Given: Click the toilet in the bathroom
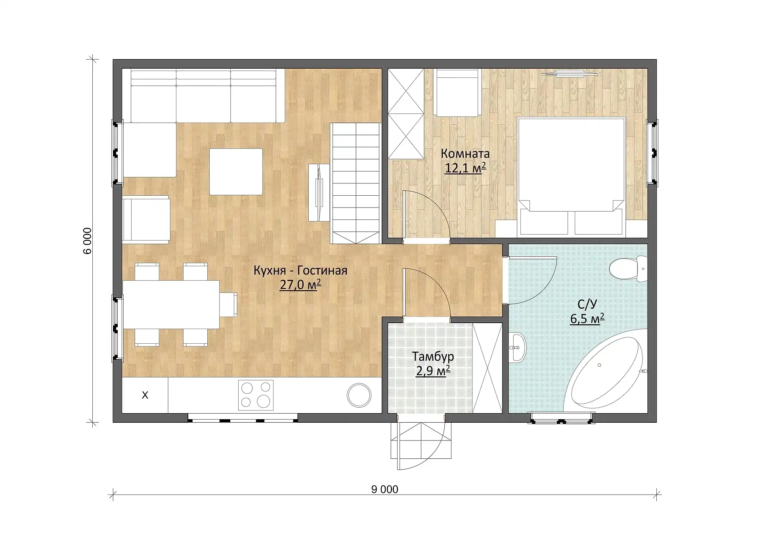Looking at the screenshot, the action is [628, 269].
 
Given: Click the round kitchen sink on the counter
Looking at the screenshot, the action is [359, 395].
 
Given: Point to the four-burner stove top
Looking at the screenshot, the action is [256, 395].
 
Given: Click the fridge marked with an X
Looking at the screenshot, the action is [145, 395].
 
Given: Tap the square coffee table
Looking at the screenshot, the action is [236, 171].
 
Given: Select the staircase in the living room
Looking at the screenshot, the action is [356, 183].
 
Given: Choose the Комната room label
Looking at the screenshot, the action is [465, 154].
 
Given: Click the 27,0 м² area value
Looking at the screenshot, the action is [300, 285].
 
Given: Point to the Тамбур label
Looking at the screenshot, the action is [433, 356].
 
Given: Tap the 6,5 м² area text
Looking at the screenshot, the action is [587, 319].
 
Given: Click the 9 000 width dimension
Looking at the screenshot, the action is [384, 489].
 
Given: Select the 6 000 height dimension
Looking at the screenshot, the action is [88, 241].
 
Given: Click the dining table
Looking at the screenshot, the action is [171, 304].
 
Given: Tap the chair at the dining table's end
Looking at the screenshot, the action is [229, 304].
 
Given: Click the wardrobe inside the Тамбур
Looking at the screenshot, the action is [487, 368].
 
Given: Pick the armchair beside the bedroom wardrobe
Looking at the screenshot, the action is [457, 92].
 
